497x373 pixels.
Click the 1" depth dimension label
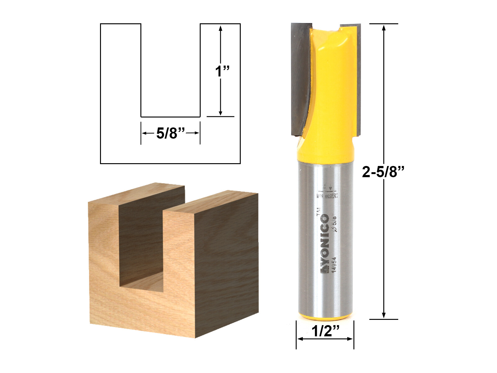coord(222,71)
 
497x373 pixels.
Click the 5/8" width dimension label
coord(171,133)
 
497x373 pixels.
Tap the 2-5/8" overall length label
coord(384,172)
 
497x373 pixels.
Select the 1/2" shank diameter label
coord(325,331)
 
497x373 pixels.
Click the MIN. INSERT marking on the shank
coord(327,196)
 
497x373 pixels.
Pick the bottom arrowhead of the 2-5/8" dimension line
coord(384,315)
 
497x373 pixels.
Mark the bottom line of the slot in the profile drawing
coord(171,117)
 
